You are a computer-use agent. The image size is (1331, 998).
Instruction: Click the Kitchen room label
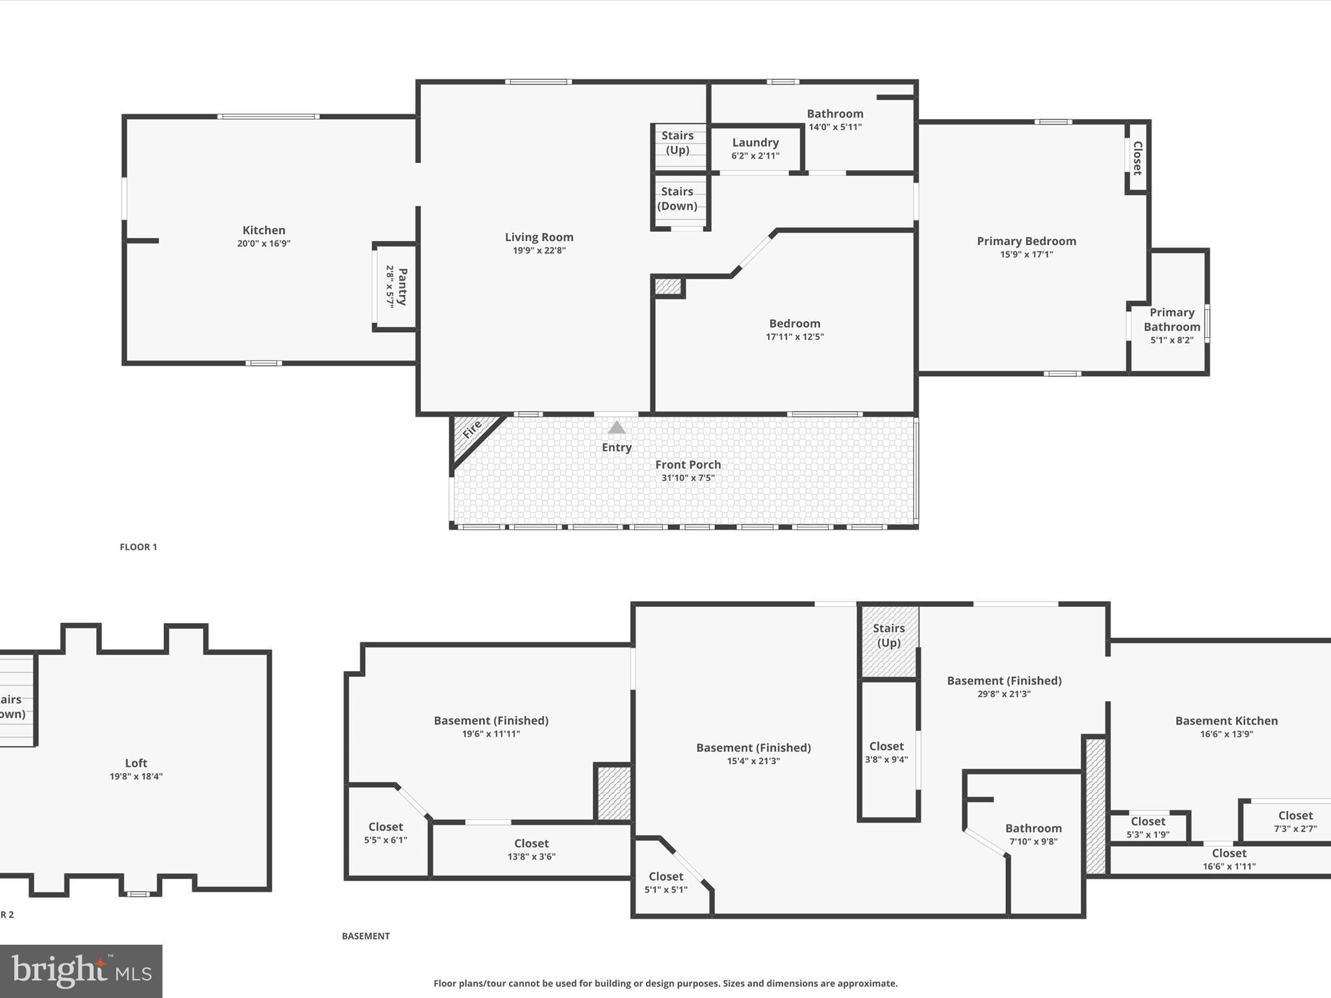point(263,230)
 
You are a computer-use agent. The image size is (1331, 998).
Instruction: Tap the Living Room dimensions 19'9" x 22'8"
point(539,251)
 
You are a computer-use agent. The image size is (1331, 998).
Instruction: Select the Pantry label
point(402,287)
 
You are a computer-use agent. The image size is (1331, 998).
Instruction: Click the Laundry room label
point(755,143)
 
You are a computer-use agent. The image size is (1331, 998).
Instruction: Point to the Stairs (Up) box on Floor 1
point(678,143)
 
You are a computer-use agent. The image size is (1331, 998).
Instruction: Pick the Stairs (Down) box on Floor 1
point(677,199)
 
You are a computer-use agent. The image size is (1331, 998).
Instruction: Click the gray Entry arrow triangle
point(616,428)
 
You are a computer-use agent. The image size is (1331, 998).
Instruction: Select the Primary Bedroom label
point(1026,241)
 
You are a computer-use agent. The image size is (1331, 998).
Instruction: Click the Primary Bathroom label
point(1171,320)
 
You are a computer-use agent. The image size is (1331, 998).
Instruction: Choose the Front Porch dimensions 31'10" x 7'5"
point(688,478)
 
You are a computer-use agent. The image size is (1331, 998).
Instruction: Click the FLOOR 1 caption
point(138,547)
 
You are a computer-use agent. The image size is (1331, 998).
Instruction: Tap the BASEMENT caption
point(366,936)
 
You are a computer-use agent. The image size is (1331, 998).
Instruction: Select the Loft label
point(136,763)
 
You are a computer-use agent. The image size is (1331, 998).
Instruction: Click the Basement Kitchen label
point(1226,721)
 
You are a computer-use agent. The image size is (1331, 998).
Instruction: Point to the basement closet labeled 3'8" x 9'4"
point(886,752)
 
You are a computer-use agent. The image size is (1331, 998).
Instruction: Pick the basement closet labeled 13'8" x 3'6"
point(531,849)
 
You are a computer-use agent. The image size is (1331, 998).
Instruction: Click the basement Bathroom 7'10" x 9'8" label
point(1033,834)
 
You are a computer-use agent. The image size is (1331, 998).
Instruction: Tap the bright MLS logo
point(81,971)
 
